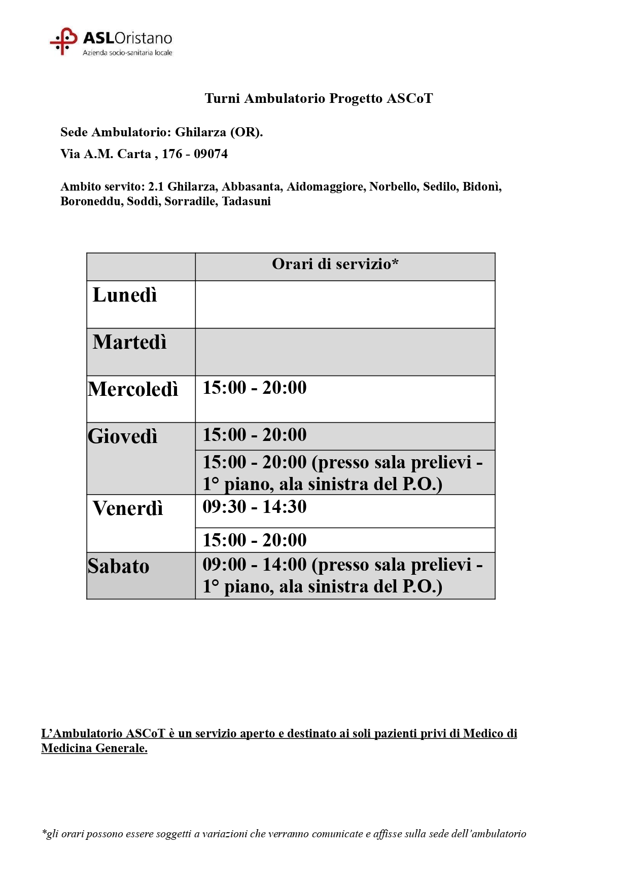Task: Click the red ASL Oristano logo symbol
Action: pyautogui.click(x=63, y=41)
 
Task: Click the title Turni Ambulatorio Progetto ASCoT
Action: pyautogui.click(x=319, y=98)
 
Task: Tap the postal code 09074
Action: pyautogui.click(x=211, y=154)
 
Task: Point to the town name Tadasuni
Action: pyautogui.click(x=246, y=202)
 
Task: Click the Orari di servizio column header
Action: pyautogui.click(x=335, y=264)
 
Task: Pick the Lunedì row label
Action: pyautogui.click(x=125, y=295)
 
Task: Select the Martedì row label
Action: pyautogui.click(x=129, y=343)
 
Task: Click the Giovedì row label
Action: pyautogui.click(x=122, y=436)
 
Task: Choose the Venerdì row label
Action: pyautogui.click(x=128, y=508)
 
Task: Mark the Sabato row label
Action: pyautogui.click(x=118, y=567)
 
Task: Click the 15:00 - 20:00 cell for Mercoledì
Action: pyautogui.click(x=255, y=388)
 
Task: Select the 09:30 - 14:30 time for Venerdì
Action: pyautogui.click(x=255, y=507)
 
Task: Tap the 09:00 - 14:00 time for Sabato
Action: pyautogui.click(x=255, y=565)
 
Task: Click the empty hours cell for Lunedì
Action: pyautogui.click(x=345, y=305)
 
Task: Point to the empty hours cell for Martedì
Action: pyautogui.click(x=345, y=352)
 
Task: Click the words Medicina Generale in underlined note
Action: pyautogui.click(x=94, y=749)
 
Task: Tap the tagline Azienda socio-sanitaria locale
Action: pyautogui.click(x=127, y=53)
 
